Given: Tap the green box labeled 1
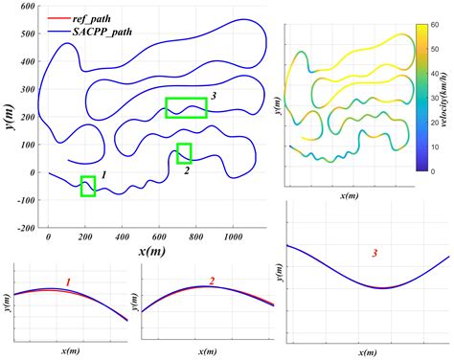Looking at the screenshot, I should [88, 186].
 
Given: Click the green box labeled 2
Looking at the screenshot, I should [184, 153].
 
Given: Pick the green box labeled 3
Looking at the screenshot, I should [186, 108].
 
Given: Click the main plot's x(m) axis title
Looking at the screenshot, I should [153, 250].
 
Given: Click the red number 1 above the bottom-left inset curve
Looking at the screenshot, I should [68, 281].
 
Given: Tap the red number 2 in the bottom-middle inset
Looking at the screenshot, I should [211, 281].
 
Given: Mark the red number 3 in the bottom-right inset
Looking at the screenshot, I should [375, 254].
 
